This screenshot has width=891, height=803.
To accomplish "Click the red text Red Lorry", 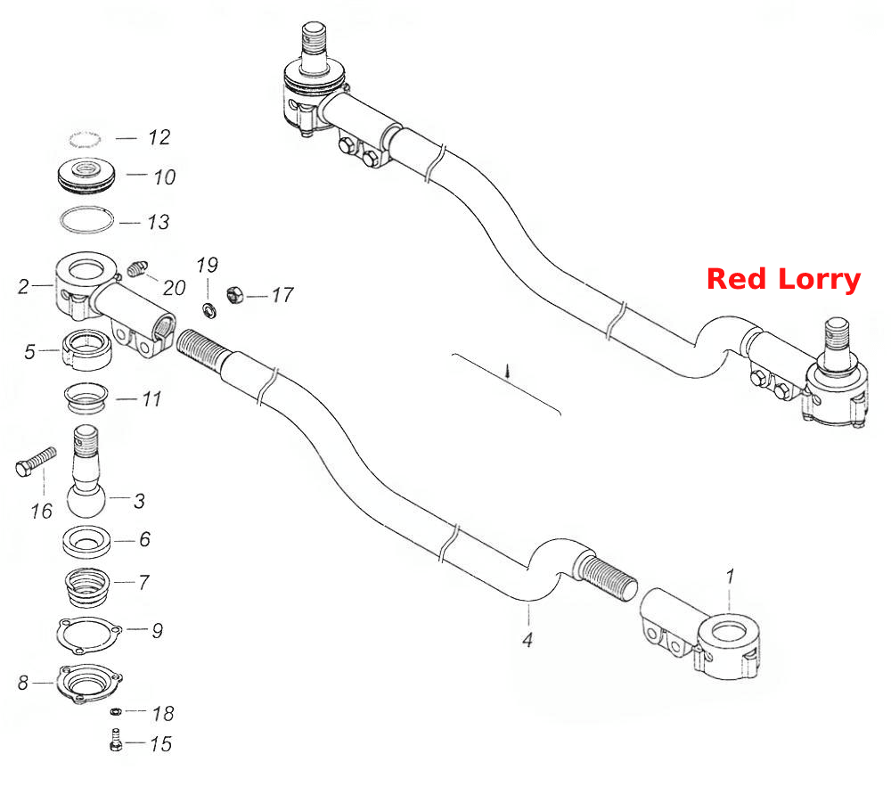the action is click(783, 280).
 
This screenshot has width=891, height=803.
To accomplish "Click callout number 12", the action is click(159, 137).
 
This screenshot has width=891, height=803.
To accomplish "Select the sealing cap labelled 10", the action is click(86, 175).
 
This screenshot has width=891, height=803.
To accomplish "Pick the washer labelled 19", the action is click(209, 310).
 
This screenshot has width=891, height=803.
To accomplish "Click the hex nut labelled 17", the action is click(235, 294).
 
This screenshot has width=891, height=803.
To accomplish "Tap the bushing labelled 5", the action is click(87, 349).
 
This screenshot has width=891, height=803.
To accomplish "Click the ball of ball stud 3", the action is click(86, 500).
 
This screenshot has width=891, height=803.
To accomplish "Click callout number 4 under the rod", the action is click(527, 640).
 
